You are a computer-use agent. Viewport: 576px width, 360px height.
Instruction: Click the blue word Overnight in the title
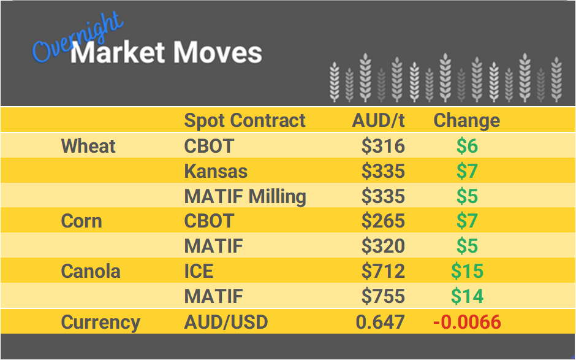(77, 39)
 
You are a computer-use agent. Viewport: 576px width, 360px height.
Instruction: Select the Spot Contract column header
(244, 120)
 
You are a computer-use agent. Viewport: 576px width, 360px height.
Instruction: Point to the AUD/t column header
(378, 120)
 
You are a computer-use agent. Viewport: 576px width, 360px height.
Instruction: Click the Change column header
(466, 120)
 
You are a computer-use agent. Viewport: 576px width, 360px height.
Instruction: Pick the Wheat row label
(88, 146)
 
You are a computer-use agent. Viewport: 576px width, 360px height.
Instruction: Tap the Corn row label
(81, 221)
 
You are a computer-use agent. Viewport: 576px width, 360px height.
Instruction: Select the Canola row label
(91, 271)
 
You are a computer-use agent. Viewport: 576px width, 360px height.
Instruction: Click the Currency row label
(100, 322)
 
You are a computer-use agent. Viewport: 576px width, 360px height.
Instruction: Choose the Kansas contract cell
(216, 171)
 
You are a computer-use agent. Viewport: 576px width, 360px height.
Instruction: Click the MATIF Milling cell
(245, 196)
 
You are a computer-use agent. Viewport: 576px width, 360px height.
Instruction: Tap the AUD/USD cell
(225, 322)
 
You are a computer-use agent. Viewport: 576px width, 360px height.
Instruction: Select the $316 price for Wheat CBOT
(383, 146)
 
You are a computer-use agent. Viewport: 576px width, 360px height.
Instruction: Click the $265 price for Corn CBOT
(383, 221)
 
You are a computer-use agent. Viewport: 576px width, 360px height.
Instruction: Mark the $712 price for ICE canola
(383, 271)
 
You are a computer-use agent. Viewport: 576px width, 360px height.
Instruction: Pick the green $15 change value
(467, 271)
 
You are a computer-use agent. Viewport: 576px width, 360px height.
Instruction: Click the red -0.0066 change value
(467, 322)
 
